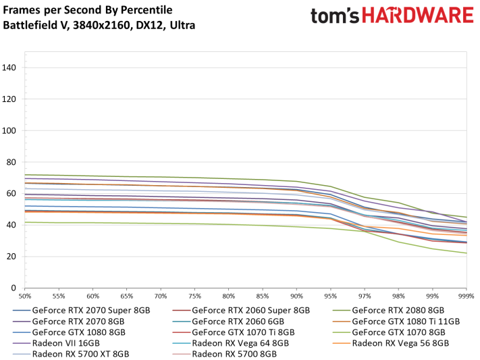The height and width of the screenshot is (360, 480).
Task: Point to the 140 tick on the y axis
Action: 10,68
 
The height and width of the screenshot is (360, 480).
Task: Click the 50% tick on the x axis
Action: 26,297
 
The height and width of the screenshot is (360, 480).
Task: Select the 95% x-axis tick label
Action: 331,297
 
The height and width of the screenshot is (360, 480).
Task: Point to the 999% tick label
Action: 465,297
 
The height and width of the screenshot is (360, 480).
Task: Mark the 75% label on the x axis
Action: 195,297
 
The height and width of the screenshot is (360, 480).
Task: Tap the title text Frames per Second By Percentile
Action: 88,10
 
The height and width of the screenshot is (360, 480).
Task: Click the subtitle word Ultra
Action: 182,26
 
